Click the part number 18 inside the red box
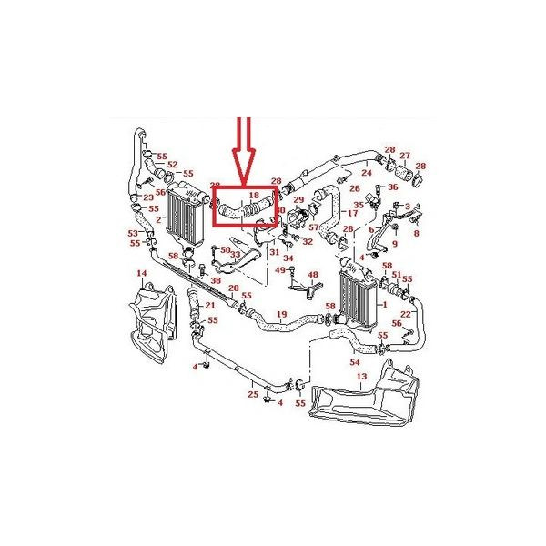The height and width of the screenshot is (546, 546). pyautogui.click(x=254, y=195)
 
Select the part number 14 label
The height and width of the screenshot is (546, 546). pyautogui.click(x=141, y=273)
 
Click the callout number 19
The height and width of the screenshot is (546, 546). pyautogui.click(x=282, y=315)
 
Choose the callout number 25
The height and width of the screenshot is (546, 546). pyautogui.click(x=253, y=394)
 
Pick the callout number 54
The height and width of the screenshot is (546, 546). pyautogui.click(x=356, y=362)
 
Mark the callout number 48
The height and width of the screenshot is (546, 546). pyautogui.click(x=313, y=274)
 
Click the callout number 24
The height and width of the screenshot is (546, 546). pyautogui.click(x=367, y=171)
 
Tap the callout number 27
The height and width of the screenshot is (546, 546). pyautogui.click(x=406, y=156)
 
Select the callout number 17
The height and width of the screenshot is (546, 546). pyautogui.click(x=353, y=213)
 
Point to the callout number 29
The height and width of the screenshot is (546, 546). pyautogui.click(x=298, y=199)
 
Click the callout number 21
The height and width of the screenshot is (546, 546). pyautogui.click(x=209, y=305)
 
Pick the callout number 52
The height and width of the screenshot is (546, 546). pyautogui.click(x=172, y=165)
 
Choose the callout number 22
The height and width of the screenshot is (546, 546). pyautogui.click(x=405, y=314)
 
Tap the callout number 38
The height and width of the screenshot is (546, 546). pyautogui.click(x=216, y=280)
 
